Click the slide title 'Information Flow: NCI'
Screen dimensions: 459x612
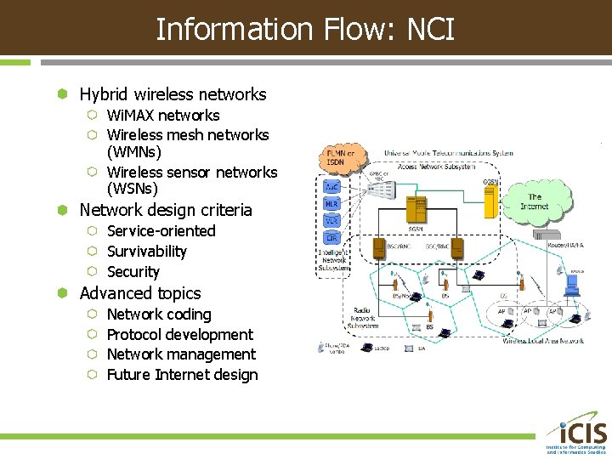click(305, 30)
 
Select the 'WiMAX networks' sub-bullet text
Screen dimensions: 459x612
click(163, 116)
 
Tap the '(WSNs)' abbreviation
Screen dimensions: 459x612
click(132, 189)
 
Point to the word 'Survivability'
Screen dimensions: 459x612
click(146, 252)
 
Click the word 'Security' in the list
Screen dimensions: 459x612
click(133, 272)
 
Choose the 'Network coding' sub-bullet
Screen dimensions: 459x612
click(158, 314)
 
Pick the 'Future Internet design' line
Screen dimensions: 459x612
click(182, 375)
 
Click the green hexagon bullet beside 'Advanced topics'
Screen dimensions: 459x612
click(62, 293)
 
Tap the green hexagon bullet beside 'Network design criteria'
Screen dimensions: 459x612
click(62, 210)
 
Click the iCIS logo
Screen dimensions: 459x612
click(575, 433)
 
